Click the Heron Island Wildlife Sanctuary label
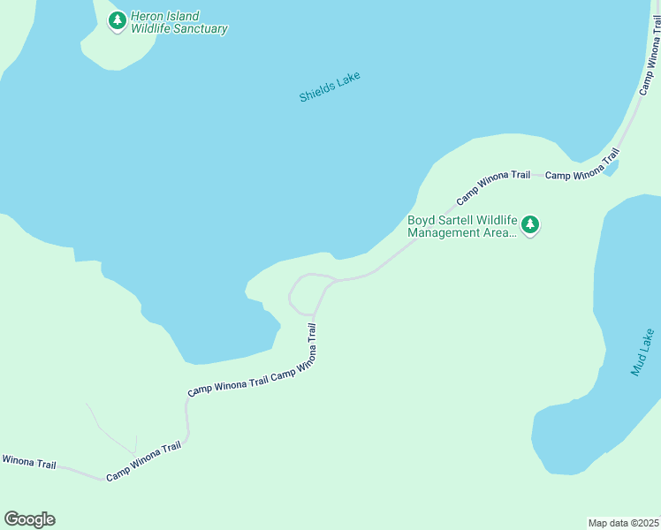point(179,22)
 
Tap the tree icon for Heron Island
point(117,21)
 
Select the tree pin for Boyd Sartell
point(530,225)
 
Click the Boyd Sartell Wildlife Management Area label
point(461,226)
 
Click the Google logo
point(29,519)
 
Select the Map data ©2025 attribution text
point(622,522)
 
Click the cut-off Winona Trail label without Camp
point(28,461)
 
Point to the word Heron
point(146,16)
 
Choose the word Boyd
point(421,220)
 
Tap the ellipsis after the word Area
point(511,235)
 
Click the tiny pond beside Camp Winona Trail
point(612,168)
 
